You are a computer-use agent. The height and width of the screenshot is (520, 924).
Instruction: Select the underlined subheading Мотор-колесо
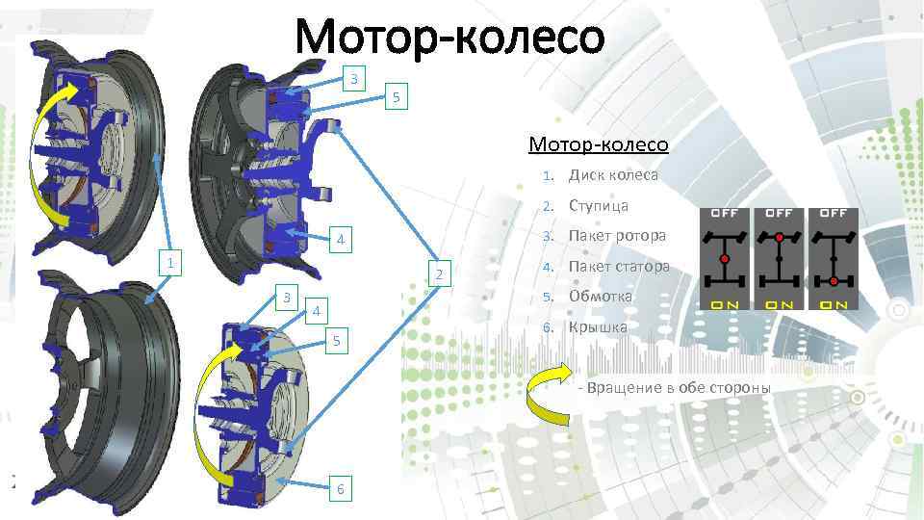(x=598, y=144)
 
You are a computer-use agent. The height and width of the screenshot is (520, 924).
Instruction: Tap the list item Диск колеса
(x=613, y=175)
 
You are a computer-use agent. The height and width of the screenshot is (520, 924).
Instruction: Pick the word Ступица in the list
(x=598, y=205)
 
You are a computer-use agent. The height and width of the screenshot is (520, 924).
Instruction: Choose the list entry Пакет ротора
(x=617, y=236)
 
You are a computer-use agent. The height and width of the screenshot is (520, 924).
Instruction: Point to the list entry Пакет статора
(x=619, y=266)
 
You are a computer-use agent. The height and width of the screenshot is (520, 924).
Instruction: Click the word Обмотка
(x=600, y=296)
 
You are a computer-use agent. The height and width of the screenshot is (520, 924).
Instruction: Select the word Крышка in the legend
(x=598, y=327)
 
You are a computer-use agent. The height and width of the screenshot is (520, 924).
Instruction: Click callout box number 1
(x=169, y=263)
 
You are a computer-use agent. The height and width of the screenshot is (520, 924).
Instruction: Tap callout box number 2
(x=437, y=275)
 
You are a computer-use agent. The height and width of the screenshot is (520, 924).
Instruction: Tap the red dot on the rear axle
(x=833, y=280)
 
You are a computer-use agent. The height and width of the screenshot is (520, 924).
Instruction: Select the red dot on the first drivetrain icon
(x=724, y=259)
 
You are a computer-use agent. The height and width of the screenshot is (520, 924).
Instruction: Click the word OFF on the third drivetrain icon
(x=833, y=212)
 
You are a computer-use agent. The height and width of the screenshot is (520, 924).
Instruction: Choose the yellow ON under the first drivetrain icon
(x=725, y=304)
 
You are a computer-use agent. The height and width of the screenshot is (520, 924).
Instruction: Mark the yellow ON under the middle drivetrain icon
(x=779, y=304)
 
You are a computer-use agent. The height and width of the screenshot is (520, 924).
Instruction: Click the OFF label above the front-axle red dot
(x=779, y=212)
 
